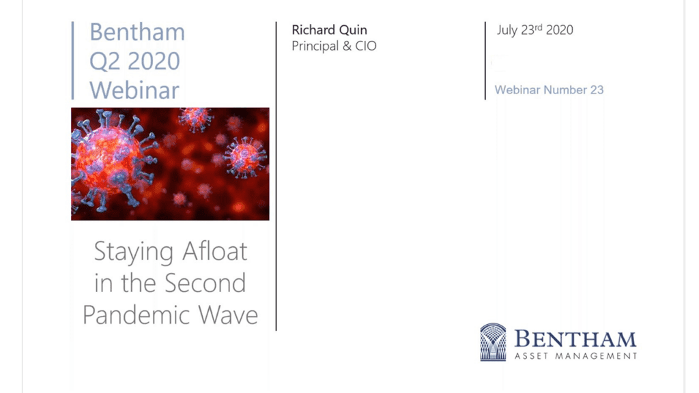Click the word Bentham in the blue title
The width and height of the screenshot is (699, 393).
[137, 32]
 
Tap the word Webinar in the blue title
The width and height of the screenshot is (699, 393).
[134, 90]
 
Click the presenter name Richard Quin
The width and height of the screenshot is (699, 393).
[330, 30]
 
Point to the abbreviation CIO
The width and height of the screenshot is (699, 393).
[366, 46]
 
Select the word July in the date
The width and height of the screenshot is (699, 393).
[507, 30]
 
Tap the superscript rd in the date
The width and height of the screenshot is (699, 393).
[539, 27]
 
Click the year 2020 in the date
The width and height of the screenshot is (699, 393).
[560, 30]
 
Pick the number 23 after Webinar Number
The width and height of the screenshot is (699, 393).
[597, 90]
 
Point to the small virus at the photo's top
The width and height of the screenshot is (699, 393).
[195, 119]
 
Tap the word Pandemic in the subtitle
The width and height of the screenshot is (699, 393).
[137, 315]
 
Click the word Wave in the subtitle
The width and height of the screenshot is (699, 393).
[228, 315]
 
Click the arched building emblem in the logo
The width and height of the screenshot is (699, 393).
[493, 342]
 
